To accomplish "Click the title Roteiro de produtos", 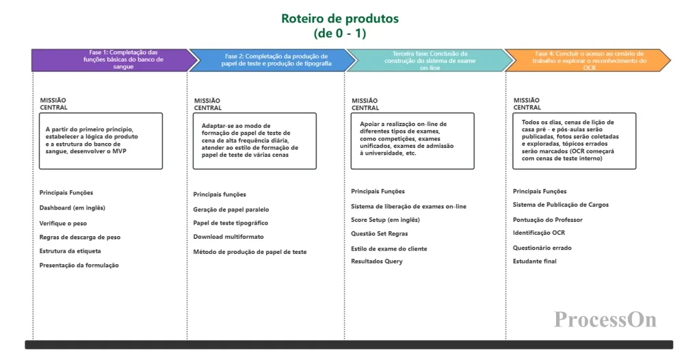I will coord(340,18).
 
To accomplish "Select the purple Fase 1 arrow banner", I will coord(109,60).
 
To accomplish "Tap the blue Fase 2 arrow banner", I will coord(272,60).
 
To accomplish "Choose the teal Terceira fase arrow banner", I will coord(430,60).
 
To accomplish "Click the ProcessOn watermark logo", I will coord(605,319).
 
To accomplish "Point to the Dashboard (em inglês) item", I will coord(72,207).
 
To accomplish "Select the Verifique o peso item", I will coord(63,223).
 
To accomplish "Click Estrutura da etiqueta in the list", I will coord(71,251).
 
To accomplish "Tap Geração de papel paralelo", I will coord(231,209).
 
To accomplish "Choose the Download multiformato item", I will coord(228,237).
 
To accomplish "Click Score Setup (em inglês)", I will coord(385,220).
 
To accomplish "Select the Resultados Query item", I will coord(377,261).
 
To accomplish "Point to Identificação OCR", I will coord(539,233).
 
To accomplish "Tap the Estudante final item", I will coord(535,261).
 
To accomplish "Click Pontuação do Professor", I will coord(548,219).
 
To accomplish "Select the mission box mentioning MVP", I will coord(101,140).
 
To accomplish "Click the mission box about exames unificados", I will coord(412,140).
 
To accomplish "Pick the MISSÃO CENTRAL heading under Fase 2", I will coord(207,104).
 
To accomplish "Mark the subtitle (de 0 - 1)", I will coord(340,33).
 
